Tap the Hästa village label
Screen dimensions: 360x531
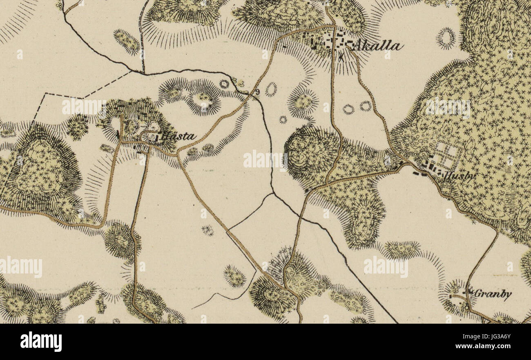(178, 137)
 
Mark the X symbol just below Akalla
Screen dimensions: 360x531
(341, 58)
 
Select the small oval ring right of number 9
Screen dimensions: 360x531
(270, 89)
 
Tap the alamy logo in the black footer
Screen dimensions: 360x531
(41, 342)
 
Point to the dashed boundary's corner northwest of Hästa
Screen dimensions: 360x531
(45, 93)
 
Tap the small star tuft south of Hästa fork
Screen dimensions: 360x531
(207, 231)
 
